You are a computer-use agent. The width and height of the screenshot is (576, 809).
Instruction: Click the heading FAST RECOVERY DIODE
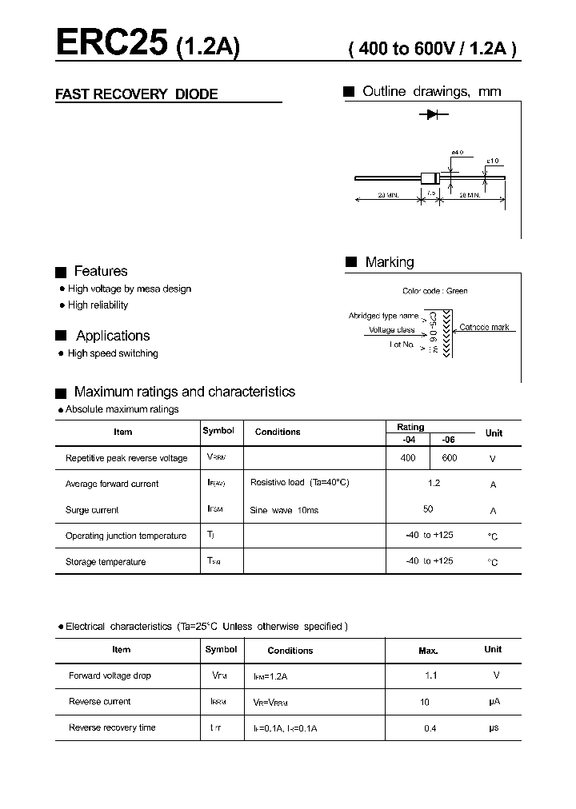pos(136,94)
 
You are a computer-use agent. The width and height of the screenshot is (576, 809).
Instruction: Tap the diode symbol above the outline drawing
pos(433,115)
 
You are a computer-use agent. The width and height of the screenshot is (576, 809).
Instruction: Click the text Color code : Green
pos(435,291)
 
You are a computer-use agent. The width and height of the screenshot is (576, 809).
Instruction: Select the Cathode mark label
pos(484,328)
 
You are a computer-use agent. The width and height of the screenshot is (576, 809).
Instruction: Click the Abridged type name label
pos(383,316)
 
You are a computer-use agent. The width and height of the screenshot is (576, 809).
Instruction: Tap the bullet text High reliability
pos(98,305)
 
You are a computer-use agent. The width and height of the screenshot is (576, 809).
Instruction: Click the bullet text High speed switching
pos(113,353)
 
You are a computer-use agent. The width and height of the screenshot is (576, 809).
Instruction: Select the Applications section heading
pos(113,336)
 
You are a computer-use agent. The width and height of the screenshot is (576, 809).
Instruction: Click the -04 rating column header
pos(408,440)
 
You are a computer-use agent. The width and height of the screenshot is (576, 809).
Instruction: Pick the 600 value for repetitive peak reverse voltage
pos(449,458)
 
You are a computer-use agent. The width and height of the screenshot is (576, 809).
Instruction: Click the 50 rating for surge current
pos(428,509)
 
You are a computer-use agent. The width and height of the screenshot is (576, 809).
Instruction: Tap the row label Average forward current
pos(112,484)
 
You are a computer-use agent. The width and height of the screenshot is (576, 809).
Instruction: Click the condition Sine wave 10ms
pos(284,510)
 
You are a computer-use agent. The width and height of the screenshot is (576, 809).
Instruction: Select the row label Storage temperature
pos(106,562)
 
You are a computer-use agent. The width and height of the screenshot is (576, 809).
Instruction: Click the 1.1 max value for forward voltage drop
pos(430,675)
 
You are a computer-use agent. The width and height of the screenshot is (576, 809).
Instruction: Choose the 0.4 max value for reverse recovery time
pos(430,727)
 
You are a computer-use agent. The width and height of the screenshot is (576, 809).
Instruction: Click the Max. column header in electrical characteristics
pos(428,651)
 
